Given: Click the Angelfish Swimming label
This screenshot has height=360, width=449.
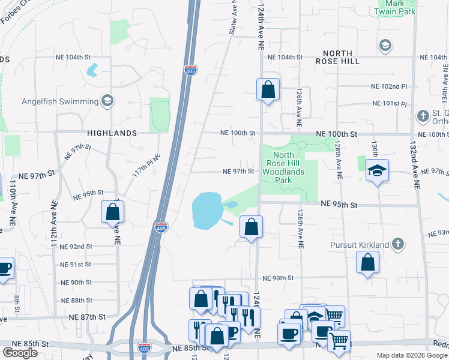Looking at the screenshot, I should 60,101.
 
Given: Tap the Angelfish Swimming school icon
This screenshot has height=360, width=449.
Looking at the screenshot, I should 108,100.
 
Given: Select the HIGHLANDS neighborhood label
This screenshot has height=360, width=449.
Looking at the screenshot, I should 111,133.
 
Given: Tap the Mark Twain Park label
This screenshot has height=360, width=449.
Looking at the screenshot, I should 396,7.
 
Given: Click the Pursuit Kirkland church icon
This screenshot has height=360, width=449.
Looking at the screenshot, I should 398,244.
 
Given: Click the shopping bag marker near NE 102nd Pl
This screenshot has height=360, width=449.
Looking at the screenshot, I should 268,91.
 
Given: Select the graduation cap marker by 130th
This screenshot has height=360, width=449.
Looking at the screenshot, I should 377,171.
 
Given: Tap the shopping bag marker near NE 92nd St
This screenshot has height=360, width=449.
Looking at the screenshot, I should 112,212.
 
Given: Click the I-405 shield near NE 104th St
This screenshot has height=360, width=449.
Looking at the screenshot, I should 190,70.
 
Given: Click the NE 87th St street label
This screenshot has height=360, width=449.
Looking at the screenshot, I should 87,317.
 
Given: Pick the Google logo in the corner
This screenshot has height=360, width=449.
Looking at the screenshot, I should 20,352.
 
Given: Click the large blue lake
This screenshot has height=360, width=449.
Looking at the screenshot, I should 206,211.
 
